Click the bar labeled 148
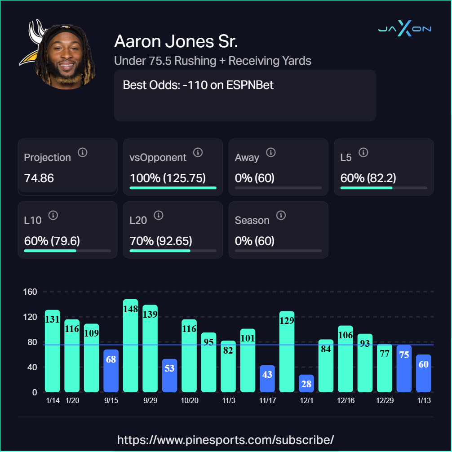(131, 346)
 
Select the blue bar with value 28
(306, 383)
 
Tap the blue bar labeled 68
(111, 371)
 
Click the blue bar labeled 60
(423, 373)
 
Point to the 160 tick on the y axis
(30, 292)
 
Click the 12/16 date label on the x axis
(346, 401)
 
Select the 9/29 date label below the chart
(150, 401)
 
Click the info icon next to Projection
(82, 152)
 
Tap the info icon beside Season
(281, 215)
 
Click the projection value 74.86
(39, 178)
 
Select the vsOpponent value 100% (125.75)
(168, 178)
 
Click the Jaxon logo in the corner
(404, 29)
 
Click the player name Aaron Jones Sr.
(176, 41)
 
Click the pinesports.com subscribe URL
(226, 439)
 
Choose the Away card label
(247, 158)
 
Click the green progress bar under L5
(366, 187)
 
